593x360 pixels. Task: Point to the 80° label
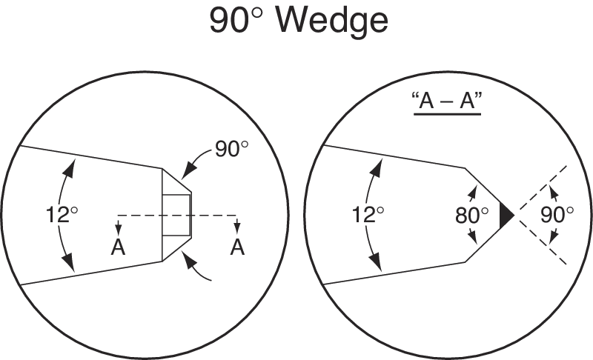pyautogui.click(x=472, y=215)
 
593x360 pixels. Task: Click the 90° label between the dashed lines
pyautogui.click(x=557, y=215)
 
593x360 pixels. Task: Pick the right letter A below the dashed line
pyautogui.click(x=237, y=247)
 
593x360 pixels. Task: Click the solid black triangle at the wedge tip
pyautogui.click(x=507, y=215)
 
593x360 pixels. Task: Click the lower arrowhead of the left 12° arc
pyautogui.click(x=70, y=264)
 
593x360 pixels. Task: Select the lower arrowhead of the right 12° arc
pyautogui.click(x=378, y=264)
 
